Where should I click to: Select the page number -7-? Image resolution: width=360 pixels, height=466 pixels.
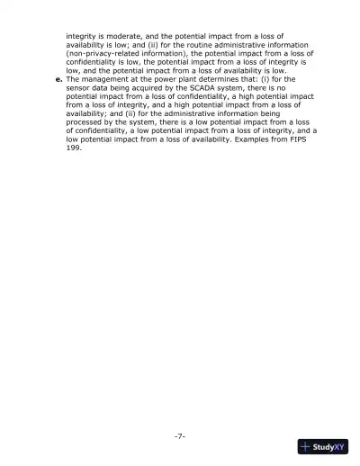pos(179,435)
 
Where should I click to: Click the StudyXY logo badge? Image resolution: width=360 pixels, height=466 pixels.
pos(322,445)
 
